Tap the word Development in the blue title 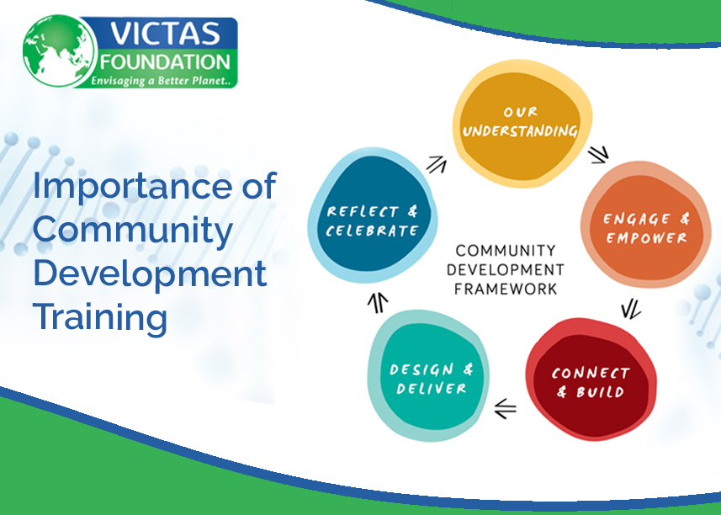click(150, 274)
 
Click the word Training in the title click(99, 318)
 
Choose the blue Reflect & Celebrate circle click(372, 220)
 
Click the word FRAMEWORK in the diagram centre click(505, 289)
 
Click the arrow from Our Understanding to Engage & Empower click(598, 154)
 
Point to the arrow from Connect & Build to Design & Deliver click(505, 410)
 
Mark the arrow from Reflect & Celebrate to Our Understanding click(436, 164)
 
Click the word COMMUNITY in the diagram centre click(505, 251)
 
